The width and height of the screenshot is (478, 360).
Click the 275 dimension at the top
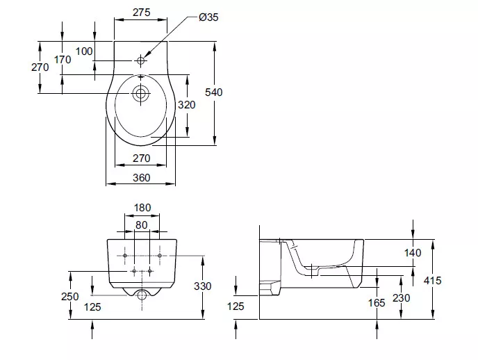(x=142, y=13)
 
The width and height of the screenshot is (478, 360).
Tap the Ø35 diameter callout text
(x=208, y=17)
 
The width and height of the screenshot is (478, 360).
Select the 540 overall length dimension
(x=214, y=92)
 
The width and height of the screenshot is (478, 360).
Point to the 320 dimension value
(x=186, y=105)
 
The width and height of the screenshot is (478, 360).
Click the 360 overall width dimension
(x=142, y=178)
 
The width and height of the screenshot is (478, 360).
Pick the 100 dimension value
(x=84, y=51)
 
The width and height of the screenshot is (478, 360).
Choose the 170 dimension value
(x=63, y=60)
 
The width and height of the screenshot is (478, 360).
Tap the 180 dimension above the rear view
(x=142, y=208)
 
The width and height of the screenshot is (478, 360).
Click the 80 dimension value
(x=142, y=225)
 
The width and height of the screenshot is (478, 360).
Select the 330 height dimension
(x=202, y=286)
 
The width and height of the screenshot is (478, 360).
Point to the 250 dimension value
(x=69, y=297)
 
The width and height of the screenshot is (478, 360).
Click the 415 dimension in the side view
(x=432, y=281)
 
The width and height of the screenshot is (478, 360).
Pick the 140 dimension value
(x=413, y=253)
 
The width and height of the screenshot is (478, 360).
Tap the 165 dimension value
(x=377, y=303)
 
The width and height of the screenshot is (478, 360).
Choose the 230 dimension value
(x=401, y=298)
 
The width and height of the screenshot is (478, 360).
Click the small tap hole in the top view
(x=140, y=60)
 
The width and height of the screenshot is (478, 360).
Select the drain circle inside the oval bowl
(x=140, y=93)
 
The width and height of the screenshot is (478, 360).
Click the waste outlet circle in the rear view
(x=141, y=295)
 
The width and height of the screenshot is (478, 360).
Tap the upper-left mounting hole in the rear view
(x=124, y=256)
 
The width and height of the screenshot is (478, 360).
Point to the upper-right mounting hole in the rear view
(x=159, y=256)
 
